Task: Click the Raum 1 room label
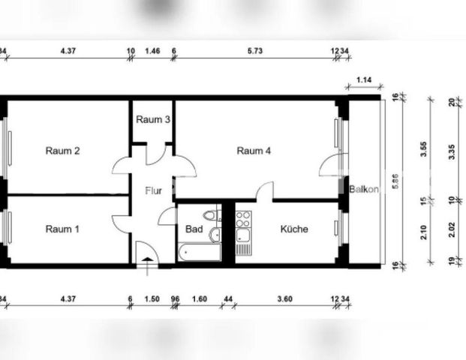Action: (x=63, y=229)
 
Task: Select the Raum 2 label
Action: (x=63, y=151)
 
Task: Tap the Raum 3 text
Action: (x=152, y=120)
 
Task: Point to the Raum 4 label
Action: (x=254, y=151)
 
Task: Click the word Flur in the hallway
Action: (x=153, y=190)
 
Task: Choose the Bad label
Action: (x=192, y=229)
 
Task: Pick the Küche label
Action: (x=294, y=229)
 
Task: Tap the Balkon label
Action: (x=364, y=189)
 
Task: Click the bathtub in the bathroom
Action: (x=199, y=251)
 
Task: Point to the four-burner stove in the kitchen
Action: (x=243, y=220)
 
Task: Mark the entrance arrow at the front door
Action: (x=146, y=259)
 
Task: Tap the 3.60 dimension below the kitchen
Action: (x=284, y=298)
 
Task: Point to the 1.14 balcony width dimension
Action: (x=365, y=79)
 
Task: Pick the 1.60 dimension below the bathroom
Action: (x=200, y=298)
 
